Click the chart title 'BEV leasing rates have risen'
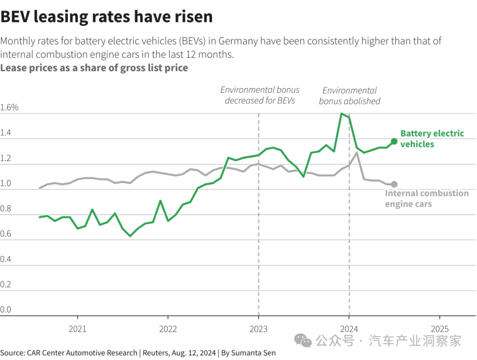coord(106,17)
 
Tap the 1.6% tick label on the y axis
coord(9,107)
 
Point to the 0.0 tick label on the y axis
coord(6,310)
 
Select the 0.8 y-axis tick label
coord(6,208)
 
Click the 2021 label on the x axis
coord(78,329)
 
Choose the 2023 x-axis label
coord(258,329)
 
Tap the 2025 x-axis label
coord(439,329)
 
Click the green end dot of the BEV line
coord(394,141)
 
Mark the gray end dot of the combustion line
coord(394,184)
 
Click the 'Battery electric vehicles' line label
coord(432,139)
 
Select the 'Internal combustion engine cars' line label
coord(427,198)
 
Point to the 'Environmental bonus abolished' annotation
coord(349,96)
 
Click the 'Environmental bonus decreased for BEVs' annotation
coord(260,95)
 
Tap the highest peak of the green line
coord(341,114)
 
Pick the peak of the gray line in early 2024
coord(356,153)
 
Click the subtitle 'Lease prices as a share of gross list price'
coord(94,68)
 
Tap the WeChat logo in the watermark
coord(303,340)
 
